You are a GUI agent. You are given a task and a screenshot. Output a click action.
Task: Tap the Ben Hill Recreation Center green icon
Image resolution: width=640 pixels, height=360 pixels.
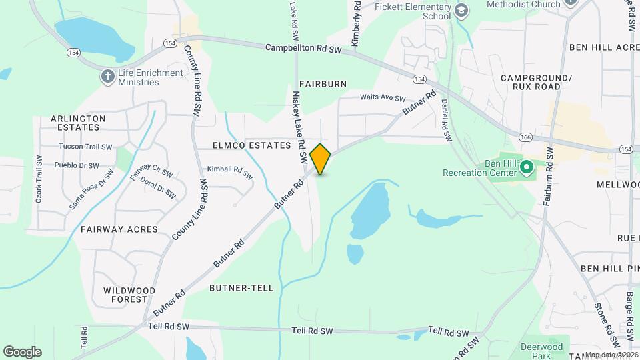(x=525, y=167)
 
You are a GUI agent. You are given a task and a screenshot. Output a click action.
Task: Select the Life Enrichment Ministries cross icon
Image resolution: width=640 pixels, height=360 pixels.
(x=107, y=76)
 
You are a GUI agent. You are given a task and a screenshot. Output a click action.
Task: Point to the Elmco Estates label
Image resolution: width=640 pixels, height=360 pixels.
(x=252, y=145)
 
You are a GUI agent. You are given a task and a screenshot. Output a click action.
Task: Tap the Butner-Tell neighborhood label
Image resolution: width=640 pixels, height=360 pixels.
(x=241, y=288)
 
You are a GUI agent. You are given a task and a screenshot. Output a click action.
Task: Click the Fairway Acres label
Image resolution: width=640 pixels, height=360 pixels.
(x=119, y=229)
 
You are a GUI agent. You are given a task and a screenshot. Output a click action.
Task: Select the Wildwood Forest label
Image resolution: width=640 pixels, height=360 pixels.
(x=129, y=295)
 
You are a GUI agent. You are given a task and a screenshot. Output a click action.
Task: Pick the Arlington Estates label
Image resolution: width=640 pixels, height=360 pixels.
(x=78, y=123)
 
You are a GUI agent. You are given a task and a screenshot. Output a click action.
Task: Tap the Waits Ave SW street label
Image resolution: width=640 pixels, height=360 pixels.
(x=379, y=97)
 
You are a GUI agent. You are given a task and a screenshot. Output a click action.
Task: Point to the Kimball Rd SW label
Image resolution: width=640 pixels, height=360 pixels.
(x=230, y=173)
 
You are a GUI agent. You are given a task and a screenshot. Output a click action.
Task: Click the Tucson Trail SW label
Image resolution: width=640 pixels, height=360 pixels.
(x=85, y=147)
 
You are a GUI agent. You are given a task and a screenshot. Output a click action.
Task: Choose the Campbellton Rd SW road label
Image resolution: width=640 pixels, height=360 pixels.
(x=303, y=48)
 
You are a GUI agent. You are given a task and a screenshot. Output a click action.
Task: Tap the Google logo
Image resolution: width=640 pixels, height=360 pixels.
(x=22, y=352)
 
